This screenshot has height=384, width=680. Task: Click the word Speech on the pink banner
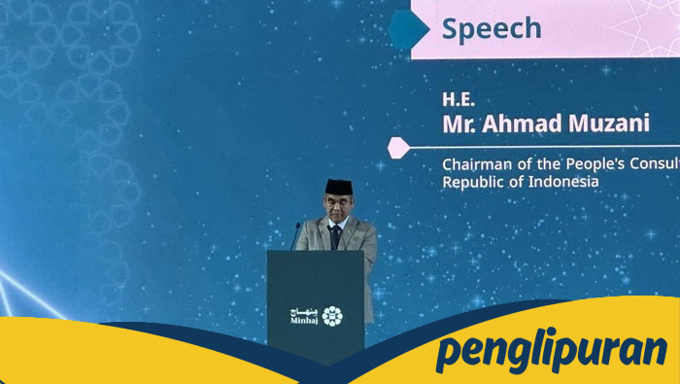492,28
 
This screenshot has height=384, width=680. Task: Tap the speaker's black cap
338,186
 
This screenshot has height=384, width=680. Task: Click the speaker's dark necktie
335,235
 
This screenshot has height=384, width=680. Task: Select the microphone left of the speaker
295,235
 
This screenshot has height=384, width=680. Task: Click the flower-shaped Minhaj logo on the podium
332,315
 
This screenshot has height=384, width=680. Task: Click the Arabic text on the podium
303,310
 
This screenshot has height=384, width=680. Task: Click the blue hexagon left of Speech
409,28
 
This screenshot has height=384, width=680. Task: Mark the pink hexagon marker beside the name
397,147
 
